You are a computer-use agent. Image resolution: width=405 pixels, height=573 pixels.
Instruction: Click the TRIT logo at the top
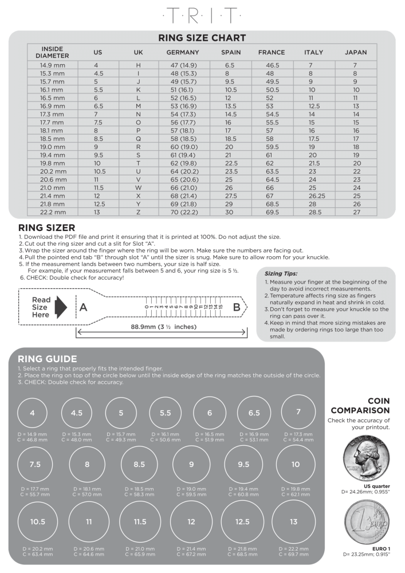202,15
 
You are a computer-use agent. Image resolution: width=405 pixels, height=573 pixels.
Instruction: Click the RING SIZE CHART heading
202,38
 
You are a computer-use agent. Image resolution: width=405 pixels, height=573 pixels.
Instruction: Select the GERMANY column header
182,52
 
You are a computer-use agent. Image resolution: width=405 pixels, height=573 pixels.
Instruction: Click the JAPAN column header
356,52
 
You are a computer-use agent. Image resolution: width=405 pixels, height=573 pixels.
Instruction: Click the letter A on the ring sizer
83,308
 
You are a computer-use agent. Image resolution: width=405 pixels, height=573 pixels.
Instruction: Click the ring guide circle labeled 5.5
165,413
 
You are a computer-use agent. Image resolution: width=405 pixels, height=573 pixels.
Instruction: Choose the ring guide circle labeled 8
87,464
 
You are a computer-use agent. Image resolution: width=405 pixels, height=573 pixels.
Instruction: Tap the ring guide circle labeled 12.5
242,521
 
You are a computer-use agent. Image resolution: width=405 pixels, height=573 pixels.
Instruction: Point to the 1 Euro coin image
365,525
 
